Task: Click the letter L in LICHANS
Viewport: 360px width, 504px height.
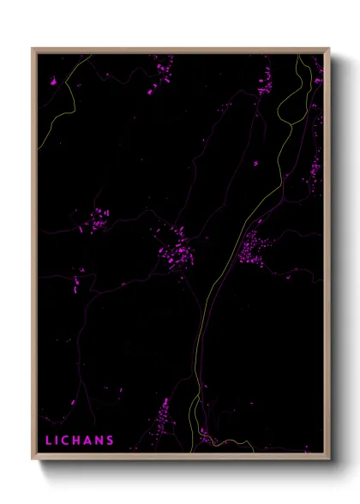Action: (x=48, y=441)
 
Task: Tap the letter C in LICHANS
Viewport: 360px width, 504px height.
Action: (x=68, y=441)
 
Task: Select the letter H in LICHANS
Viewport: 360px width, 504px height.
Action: (x=79, y=441)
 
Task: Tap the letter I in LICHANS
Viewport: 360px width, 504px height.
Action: (x=58, y=441)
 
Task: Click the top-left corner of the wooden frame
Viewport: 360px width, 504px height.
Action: (x=33, y=49)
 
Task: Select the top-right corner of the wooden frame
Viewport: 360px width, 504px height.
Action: (x=329, y=49)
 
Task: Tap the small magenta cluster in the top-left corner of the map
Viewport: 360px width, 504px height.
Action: (x=52, y=82)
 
